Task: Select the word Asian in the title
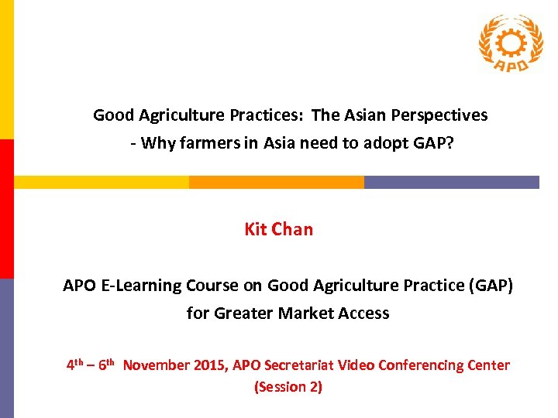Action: click(364, 115)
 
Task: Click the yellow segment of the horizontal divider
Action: click(102, 183)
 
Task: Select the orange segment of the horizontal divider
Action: click(276, 183)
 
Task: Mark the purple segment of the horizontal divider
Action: click(451, 183)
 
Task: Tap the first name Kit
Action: click(256, 229)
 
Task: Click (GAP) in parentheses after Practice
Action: click(490, 286)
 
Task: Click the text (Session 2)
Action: click(288, 387)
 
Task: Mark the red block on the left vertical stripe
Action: click(6, 208)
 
